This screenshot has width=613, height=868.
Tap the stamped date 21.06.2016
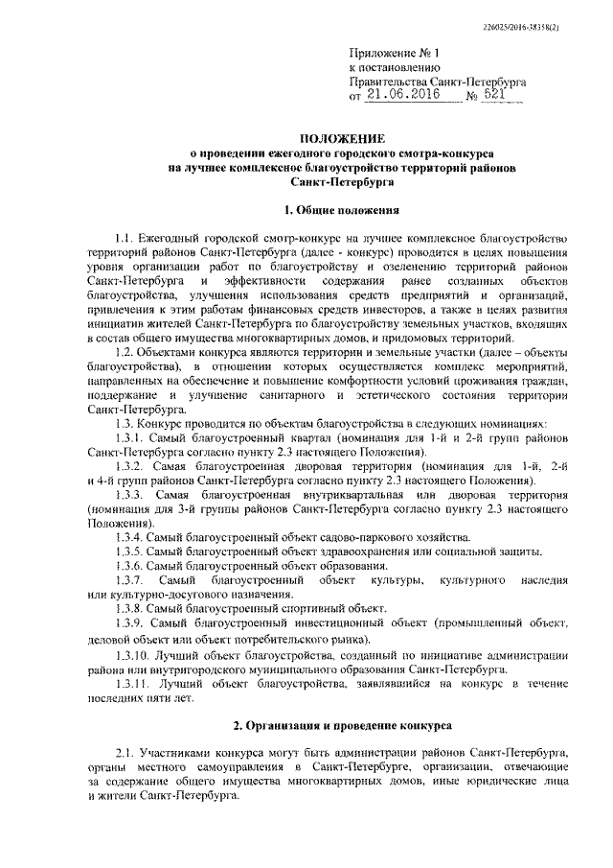click(398, 96)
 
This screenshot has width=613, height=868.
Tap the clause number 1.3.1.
click(129, 437)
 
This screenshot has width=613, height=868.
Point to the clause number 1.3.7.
click(129, 581)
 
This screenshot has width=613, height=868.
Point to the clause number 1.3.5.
click(129, 552)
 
